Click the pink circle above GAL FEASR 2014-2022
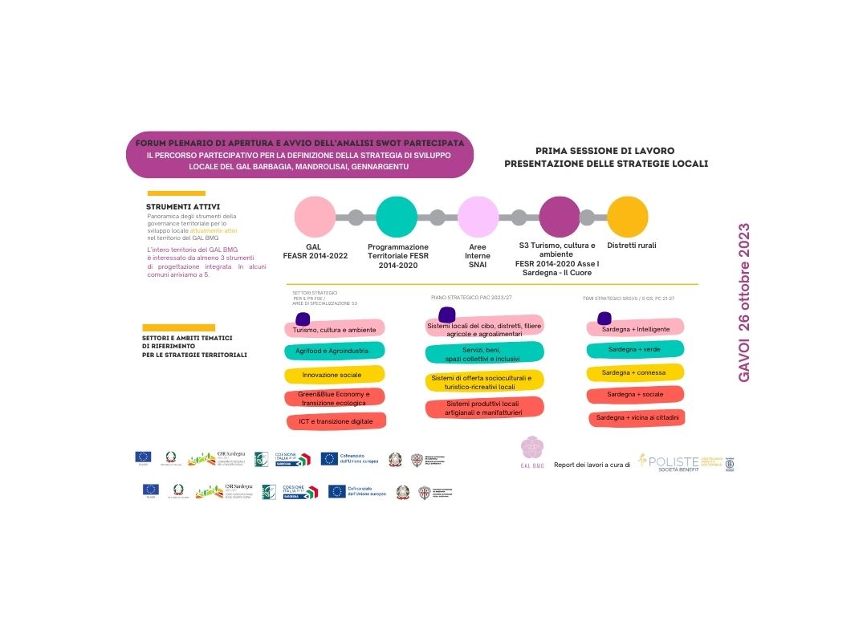tap(315, 217)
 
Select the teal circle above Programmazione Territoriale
tap(397, 217)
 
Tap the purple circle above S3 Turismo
tap(560, 217)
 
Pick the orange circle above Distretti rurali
tap(627, 217)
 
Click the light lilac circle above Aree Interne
tap(478, 217)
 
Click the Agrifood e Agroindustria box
tap(334, 351)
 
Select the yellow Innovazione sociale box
tap(334, 375)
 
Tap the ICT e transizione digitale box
tap(336, 421)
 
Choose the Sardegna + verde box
tap(634, 349)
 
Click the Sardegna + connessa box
tap(634, 372)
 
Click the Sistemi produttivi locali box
tap(484, 408)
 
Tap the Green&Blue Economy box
tap(334, 398)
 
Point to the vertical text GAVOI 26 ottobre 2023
tap(743, 302)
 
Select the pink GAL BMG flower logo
tap(533, 448)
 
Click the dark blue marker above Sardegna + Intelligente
tap(604, 318)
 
